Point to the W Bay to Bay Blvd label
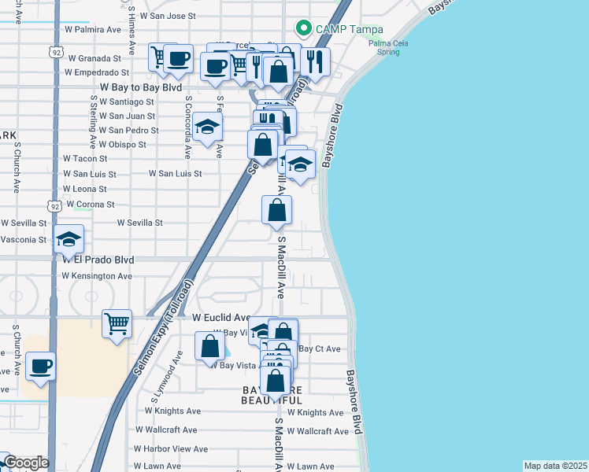pos(141,87)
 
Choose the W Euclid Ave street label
pos(221,318)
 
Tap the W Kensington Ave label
pos(97,276)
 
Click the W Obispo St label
pos(115,145)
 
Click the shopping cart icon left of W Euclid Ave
pos(117,323)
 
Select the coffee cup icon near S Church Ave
pos(40,366)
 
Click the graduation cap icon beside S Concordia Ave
pos(207,127)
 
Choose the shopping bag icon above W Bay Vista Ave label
pos(210,345)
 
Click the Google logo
pos(25,463)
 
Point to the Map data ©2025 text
pos(555,466)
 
